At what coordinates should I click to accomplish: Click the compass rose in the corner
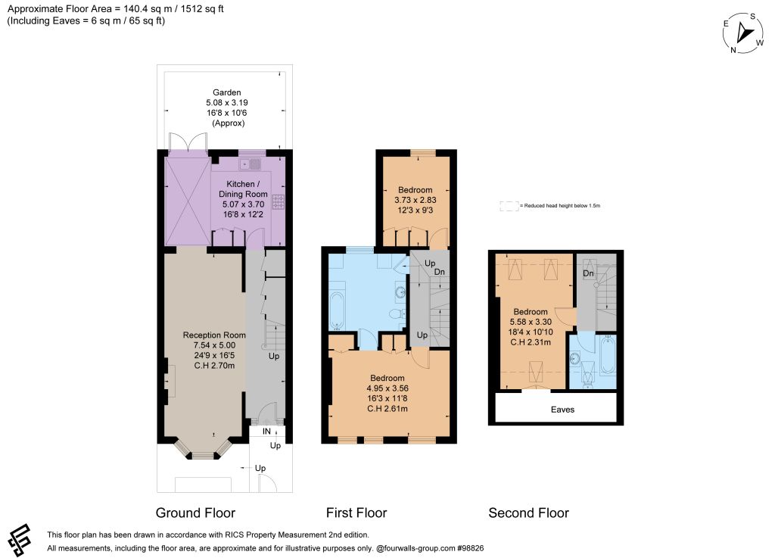click(x=743, y=33)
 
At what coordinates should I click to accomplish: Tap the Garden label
click(x=227, y=92)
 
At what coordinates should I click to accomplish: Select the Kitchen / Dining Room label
click(x=243, y=189)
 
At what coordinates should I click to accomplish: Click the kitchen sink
click(x=250, y=164)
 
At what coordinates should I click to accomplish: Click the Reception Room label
click(x=214, y=335)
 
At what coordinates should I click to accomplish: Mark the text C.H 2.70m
click(x=214, y=366)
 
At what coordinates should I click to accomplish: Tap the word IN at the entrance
click(x=266, y=432)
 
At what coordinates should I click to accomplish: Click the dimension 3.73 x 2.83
click(x=416, y=200)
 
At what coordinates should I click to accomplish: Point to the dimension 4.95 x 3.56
click(x=387, y=388)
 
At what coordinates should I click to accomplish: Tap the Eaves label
click(x=562, y=410)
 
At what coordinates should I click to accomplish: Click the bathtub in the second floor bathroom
click(x=608, y=355)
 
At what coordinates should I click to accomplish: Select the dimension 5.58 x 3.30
click(x=531, y=322)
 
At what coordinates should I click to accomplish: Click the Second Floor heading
click(x=529, y=513)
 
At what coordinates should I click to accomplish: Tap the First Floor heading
click(x=356, y=513)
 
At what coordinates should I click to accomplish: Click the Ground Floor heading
click(x=195, y=513)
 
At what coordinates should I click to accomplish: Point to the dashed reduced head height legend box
click(x=509, y=206)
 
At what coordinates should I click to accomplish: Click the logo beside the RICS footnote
click(x=20, y=540)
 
